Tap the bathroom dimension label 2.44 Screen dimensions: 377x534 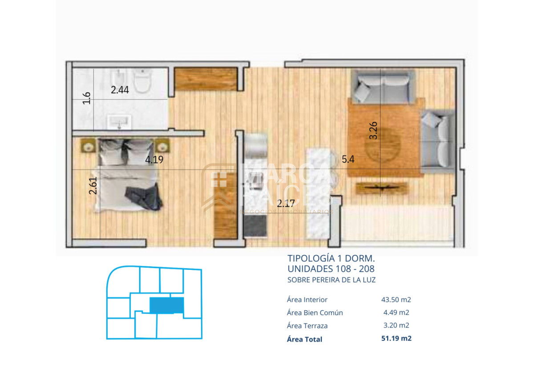(x=120, y=90)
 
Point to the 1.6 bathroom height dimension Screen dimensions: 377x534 (x=87, y=98)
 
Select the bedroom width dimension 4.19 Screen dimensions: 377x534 (x=154, y=160)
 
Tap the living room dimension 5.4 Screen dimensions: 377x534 (x=348, y=159)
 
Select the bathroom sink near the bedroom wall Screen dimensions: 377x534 (x=120, y=120)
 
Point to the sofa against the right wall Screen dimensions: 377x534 (x=438, y=140)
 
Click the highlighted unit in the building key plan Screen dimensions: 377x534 (x=166, y=305)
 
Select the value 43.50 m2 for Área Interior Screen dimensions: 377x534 (x=392, y=300)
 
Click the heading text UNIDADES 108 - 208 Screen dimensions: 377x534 (x=331, y=269)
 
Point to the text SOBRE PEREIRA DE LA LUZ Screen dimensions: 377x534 (x=332, y=280)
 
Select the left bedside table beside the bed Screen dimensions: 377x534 (x=87, y=145)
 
